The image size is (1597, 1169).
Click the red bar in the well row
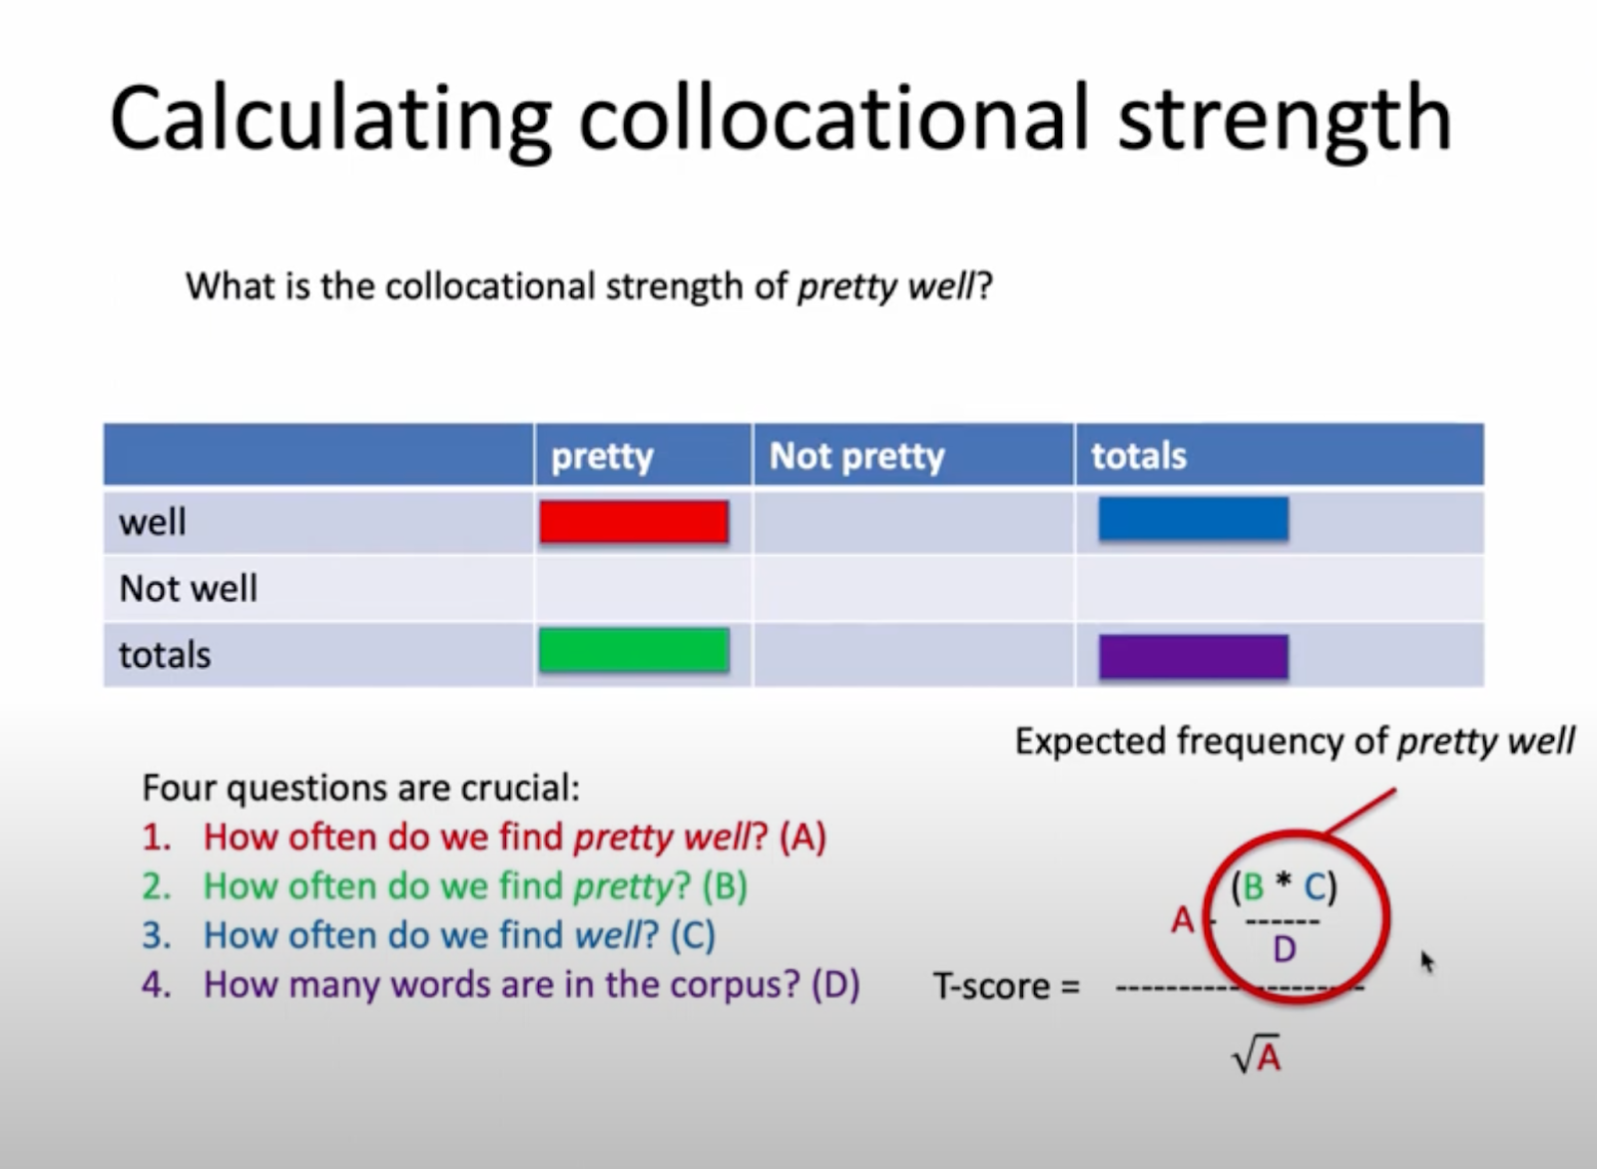(x=634, y=521)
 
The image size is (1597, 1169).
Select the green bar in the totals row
(x=634, y=650)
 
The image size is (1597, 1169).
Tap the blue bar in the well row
(x=1194, y=518)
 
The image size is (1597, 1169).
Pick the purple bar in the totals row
(x=1194, y=656)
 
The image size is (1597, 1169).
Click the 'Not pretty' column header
(x=857, y=456)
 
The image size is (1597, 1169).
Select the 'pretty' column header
(x=603, y=457)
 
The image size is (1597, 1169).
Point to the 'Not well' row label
(x=189, y=588)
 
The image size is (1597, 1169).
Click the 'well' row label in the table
(x=153, y=521)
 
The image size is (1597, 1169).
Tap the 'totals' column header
(x=1139, y=456)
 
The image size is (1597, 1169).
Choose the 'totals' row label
(x=165, y=655)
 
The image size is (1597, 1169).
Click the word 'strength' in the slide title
(x=1285, y=119)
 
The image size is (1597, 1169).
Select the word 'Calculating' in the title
(x=330, y=119)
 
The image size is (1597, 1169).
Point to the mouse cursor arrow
(x=1427, y=961)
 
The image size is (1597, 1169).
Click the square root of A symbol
(x=1257, y=1053)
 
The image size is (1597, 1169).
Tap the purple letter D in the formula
(x=1284, y=949)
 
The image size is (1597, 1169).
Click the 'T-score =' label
(x=1007, y=986)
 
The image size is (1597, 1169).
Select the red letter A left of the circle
(x=1183, y=920)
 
